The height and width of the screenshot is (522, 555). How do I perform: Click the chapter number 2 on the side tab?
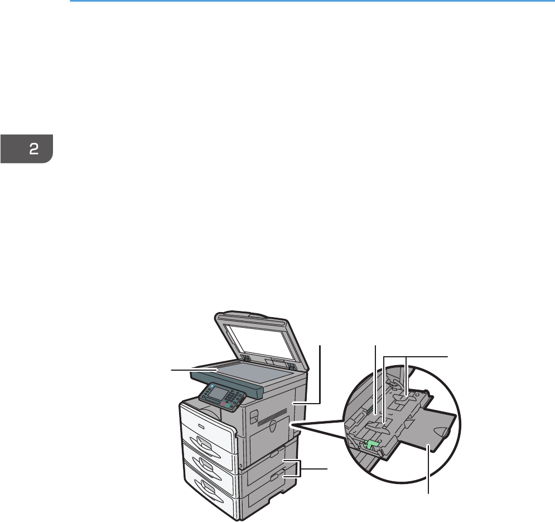pos(33,149)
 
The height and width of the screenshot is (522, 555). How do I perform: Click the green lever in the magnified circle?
pos(370,444)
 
